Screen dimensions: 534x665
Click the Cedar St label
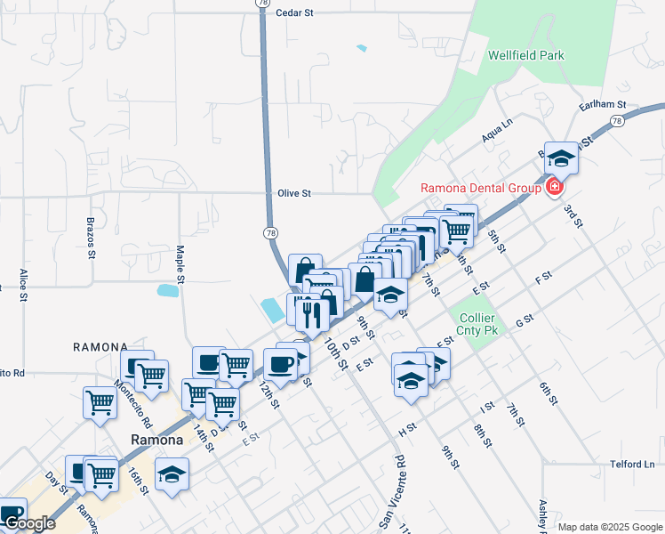296,13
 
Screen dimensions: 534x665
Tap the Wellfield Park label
526,55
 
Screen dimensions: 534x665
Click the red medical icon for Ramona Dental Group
555,187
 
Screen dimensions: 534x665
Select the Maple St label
180,264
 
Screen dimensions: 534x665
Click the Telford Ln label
632,464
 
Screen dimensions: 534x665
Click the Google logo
29,523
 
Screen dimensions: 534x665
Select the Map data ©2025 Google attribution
611,527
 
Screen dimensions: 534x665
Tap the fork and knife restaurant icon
311,313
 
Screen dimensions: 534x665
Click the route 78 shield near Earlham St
616,120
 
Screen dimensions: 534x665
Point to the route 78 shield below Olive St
270,232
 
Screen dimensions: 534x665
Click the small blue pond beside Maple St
166,290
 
